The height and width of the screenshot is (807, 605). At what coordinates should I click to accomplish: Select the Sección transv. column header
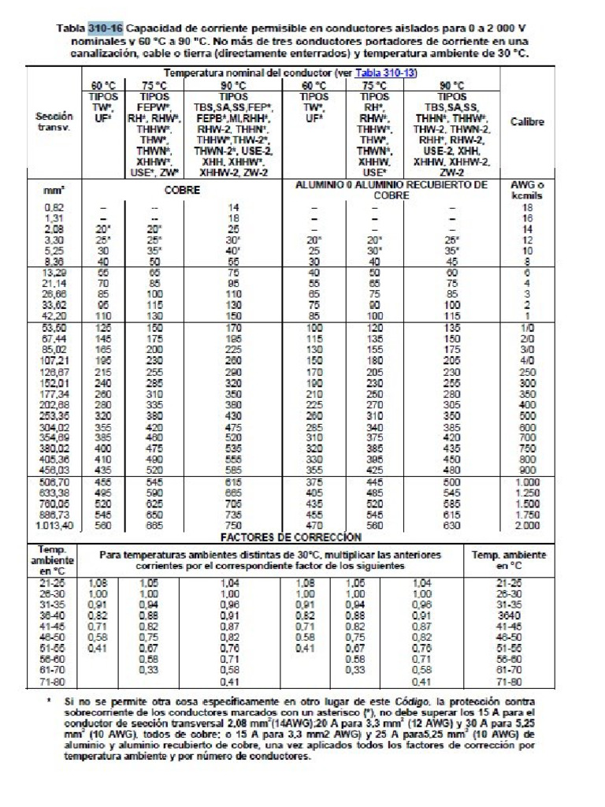54,121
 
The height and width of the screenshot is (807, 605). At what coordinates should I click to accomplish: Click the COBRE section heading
180,190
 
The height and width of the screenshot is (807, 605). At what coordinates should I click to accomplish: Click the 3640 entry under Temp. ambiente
508,615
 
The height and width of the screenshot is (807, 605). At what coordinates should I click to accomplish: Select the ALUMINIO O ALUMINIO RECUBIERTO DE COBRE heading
391,189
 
